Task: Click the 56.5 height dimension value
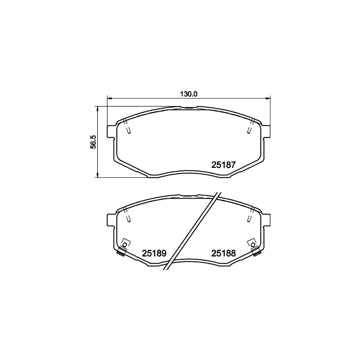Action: tap(94, 142)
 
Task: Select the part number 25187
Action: tap(224, 165)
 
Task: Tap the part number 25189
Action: tap(154, 253)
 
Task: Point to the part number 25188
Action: tap(224, 253)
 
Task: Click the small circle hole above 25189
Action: tap(126, 243)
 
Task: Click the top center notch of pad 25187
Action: tap(189, 107)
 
